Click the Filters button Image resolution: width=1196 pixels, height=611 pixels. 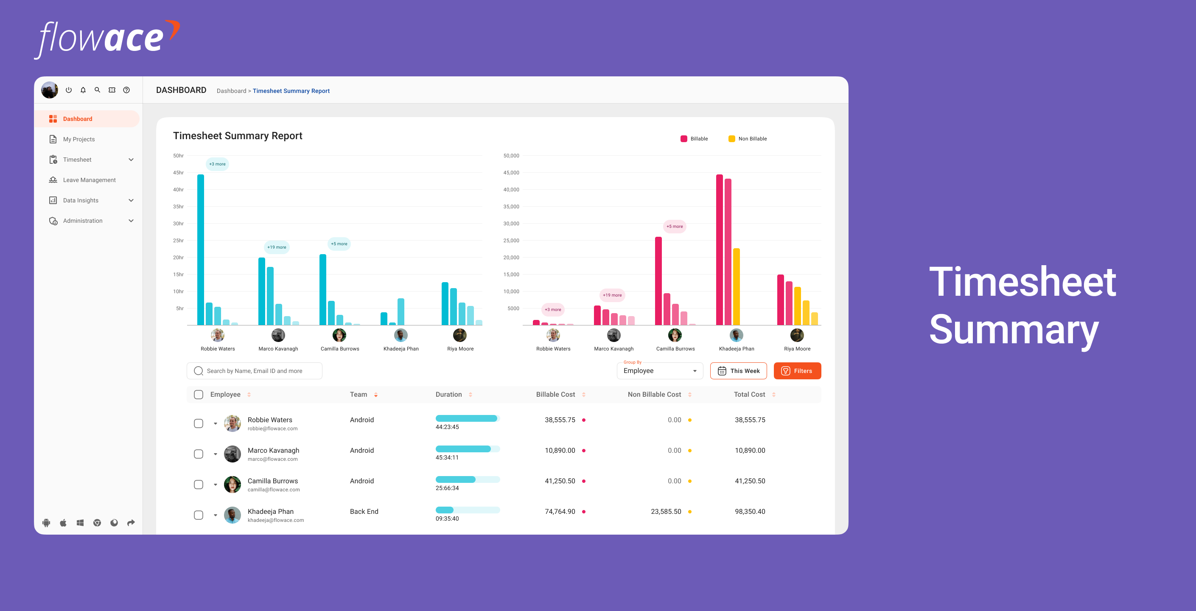[x=797, y=370]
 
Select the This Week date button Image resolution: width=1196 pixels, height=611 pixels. [x=738, y=370]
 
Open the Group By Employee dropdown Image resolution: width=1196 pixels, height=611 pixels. [x=659, y=370]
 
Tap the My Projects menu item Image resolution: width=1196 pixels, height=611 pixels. [x=78, y=139]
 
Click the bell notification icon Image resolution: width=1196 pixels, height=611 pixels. [x=83, y=90]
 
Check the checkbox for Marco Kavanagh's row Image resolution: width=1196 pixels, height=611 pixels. [x=198, y=454]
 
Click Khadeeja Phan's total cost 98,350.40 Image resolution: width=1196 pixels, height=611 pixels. [x=750, y=511]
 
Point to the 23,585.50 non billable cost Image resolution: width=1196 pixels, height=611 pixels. [x=666, y=511]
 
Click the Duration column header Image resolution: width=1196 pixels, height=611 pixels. [x=448, y=394]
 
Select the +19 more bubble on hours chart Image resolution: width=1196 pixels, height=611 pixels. [x=277, y=247]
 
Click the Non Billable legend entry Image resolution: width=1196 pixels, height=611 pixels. [x=748, y=139]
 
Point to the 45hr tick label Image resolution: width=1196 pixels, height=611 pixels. [x=178, y=173]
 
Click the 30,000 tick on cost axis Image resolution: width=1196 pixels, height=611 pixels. [x=511, y=223]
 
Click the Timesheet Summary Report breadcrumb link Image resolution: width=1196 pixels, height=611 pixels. [x=291, y=91]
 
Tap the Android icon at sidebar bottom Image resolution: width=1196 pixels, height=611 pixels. [x=46, y=523]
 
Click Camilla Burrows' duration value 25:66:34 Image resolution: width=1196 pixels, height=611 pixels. [x=447, y=488]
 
